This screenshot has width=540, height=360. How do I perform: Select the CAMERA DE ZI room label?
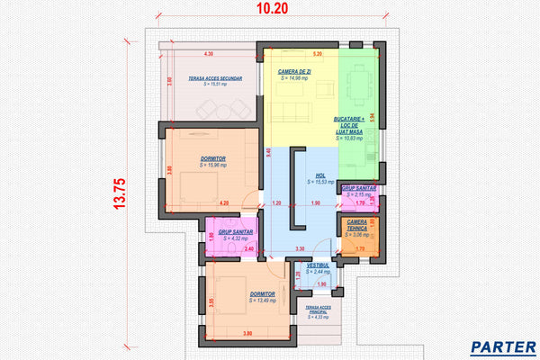295,71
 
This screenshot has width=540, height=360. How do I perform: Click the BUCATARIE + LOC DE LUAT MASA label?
349,125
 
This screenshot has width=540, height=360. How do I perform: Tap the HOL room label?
320,176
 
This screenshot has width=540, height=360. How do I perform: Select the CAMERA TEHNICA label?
356,225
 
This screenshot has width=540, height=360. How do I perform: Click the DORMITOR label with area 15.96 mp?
213,158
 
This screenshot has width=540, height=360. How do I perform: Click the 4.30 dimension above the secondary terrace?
209,55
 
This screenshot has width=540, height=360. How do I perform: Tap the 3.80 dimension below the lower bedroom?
247,336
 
